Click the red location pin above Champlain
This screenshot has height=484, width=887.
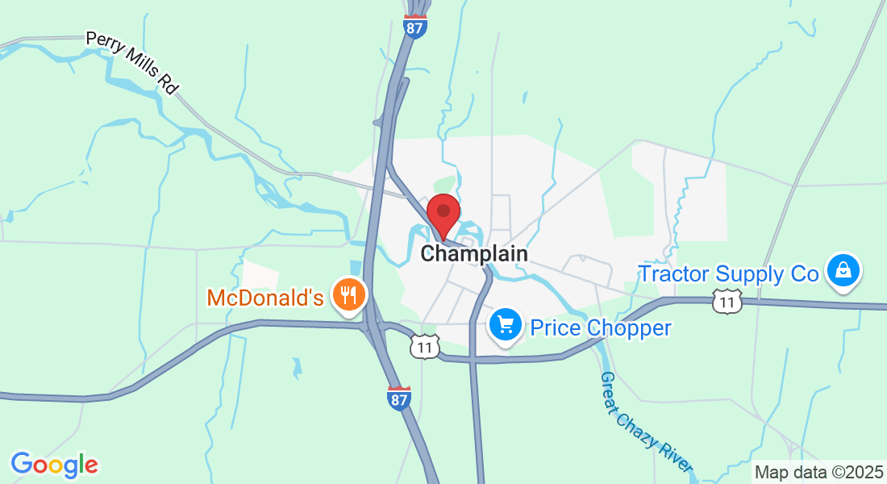[443, 213]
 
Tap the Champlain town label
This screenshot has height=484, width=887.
[474, 253]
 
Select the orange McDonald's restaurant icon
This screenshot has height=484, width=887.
[348, 294]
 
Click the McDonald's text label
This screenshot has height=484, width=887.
[265, 298]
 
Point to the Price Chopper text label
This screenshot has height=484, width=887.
[600, 328]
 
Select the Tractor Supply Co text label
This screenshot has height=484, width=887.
[728, 274]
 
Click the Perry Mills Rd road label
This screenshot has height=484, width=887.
[131, 63]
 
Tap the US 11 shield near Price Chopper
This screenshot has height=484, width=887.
[424, 347]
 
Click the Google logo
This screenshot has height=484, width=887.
[54, 465]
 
